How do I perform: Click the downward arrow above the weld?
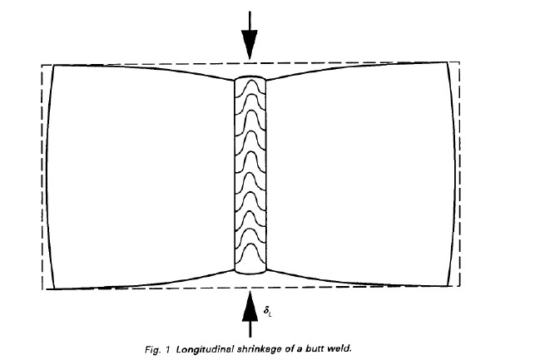[x=248, y=38]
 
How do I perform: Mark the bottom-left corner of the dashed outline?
[x=43, y=289]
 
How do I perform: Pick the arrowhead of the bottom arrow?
[x=248, y=299]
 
